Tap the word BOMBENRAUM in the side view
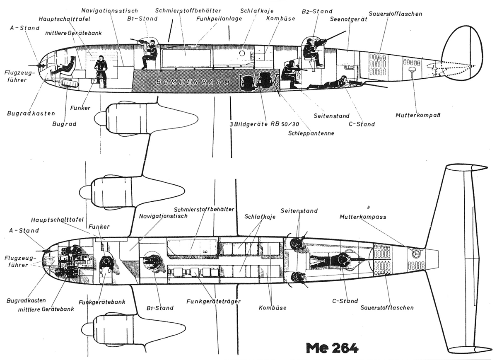pos(193,82)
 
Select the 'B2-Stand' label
pos(317,11)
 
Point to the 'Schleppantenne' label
pos(311,133)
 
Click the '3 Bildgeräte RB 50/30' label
pos(264,124)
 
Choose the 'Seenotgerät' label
pos(348,19)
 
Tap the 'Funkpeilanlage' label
pos(219,19)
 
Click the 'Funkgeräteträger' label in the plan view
pos(213,302)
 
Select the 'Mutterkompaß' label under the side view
pos(418,115)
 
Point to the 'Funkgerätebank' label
pos(102,302)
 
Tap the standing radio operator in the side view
pos(101,70)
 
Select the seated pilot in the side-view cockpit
pos(64,66)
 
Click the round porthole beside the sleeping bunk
pos(242,53)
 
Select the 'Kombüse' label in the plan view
pos(273,308)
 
